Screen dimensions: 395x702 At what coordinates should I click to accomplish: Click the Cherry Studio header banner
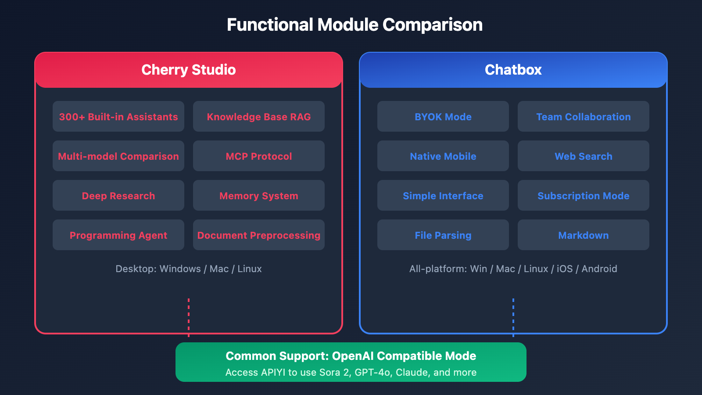[189, 70]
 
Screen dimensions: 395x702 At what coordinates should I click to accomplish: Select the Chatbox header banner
[513, 70]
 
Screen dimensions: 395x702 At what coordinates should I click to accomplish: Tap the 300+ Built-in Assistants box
[118, 116]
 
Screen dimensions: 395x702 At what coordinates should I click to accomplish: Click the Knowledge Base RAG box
[259, 116]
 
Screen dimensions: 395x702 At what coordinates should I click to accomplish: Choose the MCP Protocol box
[259, 156]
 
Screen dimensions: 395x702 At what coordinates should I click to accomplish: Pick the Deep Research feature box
[118, 195]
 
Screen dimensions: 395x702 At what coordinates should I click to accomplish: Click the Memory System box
[259, 195]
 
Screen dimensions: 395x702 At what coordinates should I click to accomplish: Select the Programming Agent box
[118, 235]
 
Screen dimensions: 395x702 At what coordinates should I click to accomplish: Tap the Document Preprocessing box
[259, 235]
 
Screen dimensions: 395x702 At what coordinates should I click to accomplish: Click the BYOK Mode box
[443, 116]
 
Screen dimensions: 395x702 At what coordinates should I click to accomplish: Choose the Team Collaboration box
[584, 116]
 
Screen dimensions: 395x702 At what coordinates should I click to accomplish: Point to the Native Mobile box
[443, 156]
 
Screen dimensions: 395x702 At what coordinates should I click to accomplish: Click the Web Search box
[584, 156]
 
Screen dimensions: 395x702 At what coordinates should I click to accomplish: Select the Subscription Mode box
[584, 195]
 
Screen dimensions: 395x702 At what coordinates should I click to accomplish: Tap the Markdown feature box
[584, 235]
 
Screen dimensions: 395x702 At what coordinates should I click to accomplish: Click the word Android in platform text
[599, 269]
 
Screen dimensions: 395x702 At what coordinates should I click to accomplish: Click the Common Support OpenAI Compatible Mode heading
[351, 356]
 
